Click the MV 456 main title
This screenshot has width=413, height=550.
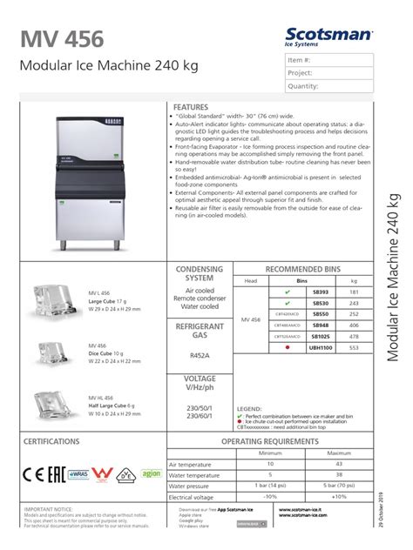click(62, 38)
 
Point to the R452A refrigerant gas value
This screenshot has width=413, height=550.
click(200, 355)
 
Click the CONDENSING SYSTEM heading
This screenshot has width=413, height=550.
click(200, 275)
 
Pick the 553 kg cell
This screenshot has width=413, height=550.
click(354, 346)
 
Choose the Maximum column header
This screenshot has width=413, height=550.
click(338, 453)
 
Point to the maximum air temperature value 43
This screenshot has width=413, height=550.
click(338, 466)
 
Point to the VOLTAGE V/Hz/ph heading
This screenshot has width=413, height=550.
click(200, 384)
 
